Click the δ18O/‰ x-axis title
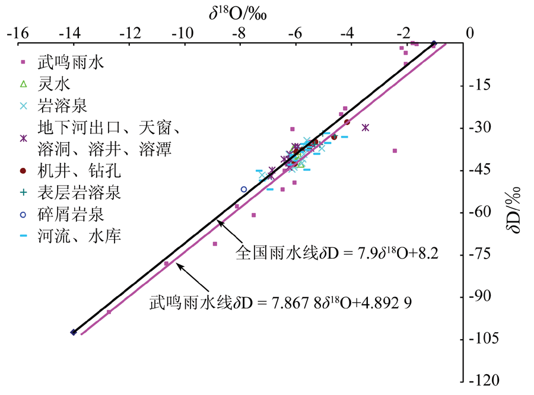240,12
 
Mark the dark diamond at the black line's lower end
73,333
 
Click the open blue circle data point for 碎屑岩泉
244,189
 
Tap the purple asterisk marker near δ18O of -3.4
365,128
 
